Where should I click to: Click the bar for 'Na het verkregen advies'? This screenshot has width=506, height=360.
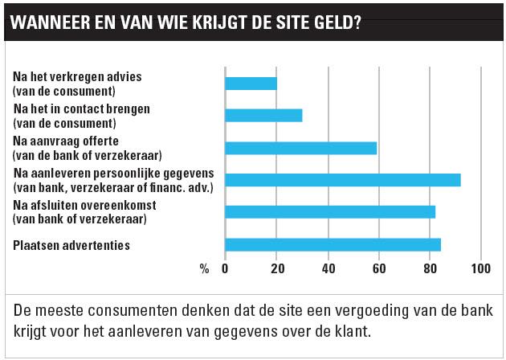251,83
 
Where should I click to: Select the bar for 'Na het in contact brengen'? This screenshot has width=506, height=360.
263,115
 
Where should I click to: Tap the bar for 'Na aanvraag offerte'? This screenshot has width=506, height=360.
300,148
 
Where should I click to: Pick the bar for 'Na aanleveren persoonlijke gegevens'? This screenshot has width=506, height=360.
343,180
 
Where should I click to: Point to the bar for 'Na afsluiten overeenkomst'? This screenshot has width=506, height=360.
330,212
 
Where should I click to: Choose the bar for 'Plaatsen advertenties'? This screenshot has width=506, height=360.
333,244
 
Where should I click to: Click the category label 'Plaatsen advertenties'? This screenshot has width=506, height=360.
72,244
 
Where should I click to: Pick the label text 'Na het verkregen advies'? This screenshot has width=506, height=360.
77,76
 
